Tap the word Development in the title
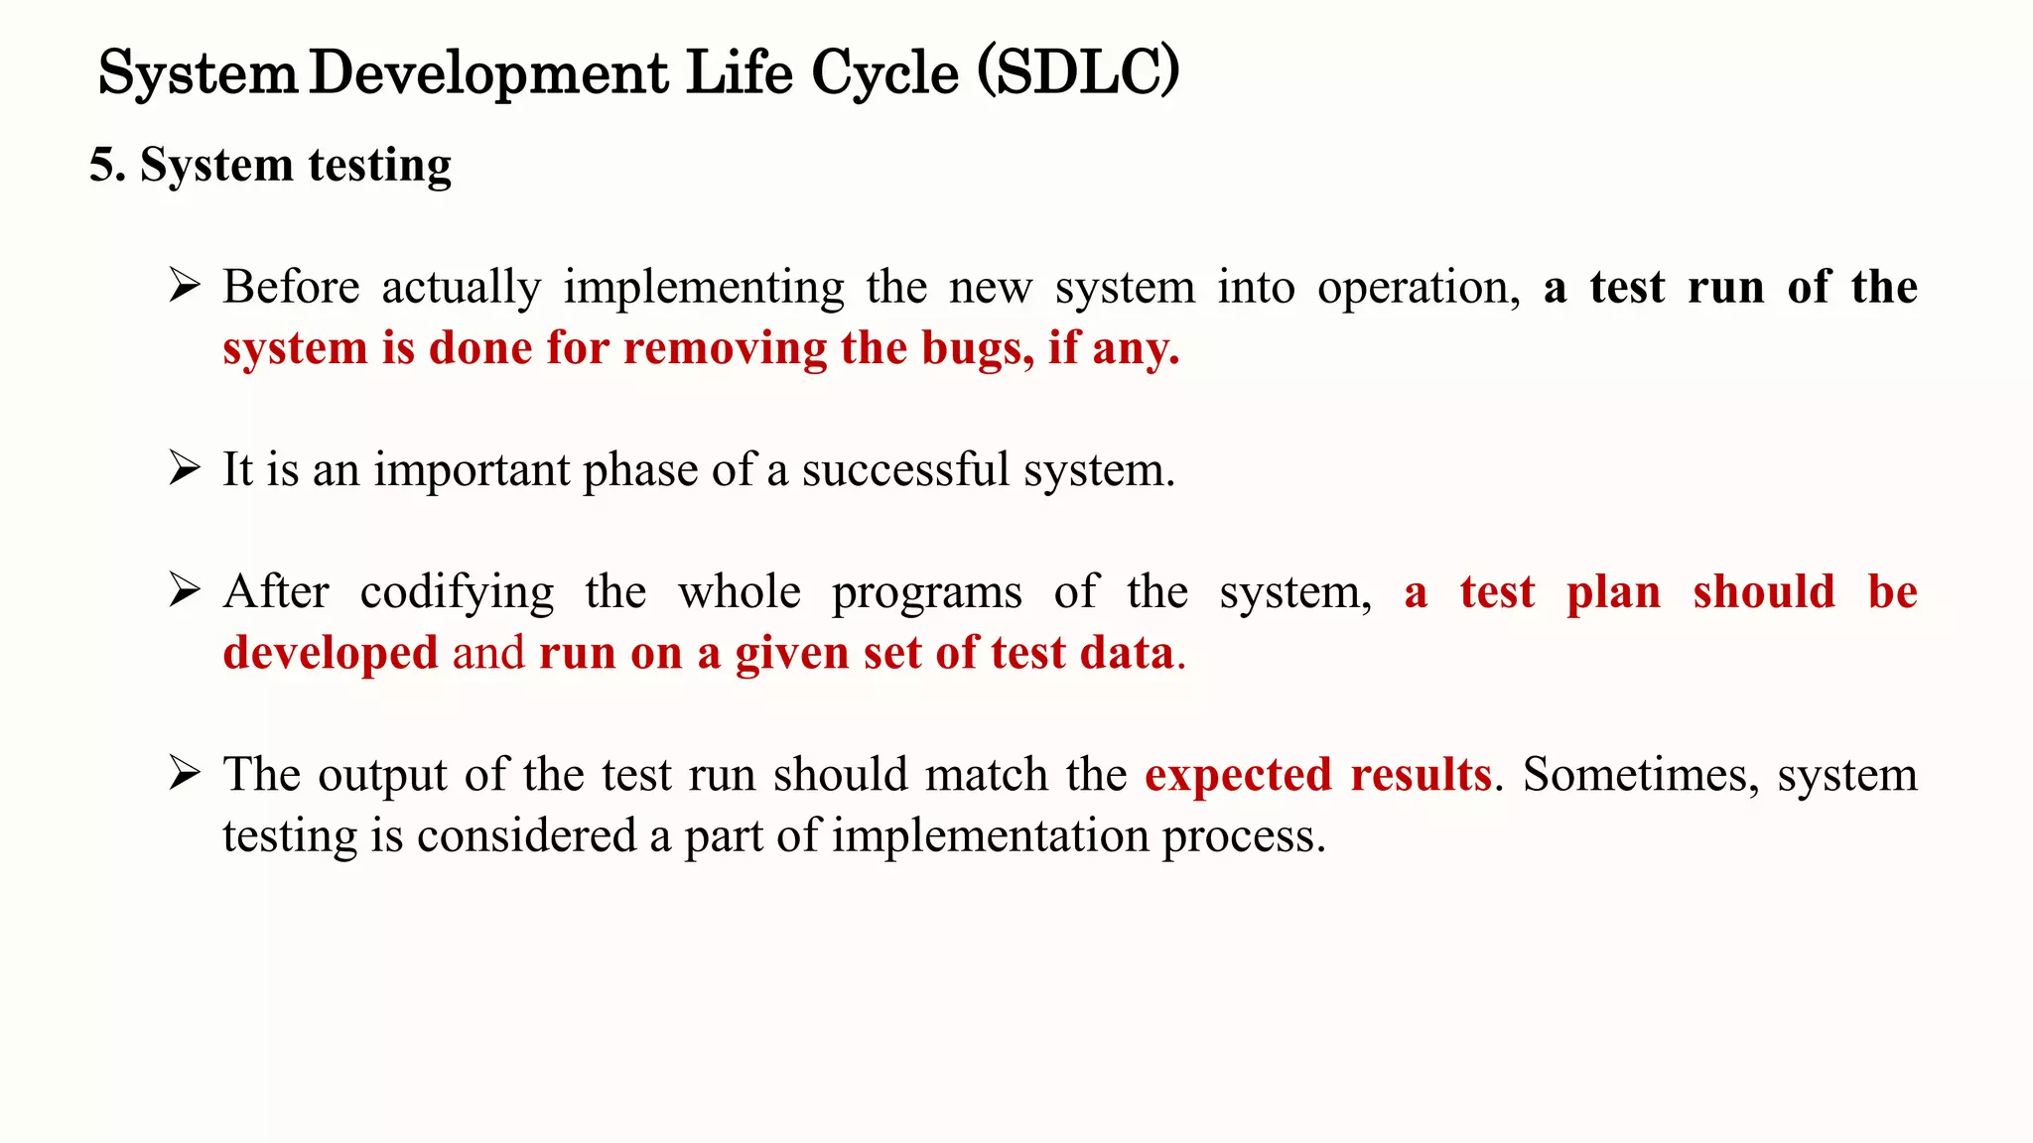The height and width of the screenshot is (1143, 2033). pyautogui.click(x=488, y=73)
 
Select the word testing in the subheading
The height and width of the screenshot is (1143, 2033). pyautogui.click(x=380, y=165)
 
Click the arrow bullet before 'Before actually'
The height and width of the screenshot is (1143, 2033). pyautogui.click(x=185, y=287)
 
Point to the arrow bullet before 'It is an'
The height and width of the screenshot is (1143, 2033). pyautogui.click(x=185, y=468)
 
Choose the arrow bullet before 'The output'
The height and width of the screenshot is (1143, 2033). pyautogui.click(x=185, y=773)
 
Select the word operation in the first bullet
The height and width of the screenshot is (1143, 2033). pyautogui.click(x=1418, y=288)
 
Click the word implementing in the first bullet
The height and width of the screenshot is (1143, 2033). pyautogui.click(x=704, y=288)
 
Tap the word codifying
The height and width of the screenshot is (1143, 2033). pyautogui.click(x=457, y=592)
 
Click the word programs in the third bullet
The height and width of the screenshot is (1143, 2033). pyautogui.click(x=926, y=592)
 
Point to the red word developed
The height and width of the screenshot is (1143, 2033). pyautogui.click(x=330, y=653)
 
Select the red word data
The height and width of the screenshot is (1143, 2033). pyautogui.click(x=1127, y=653)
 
